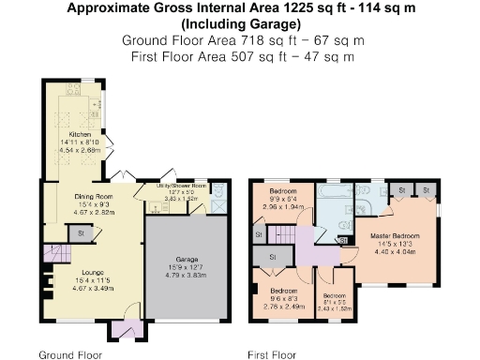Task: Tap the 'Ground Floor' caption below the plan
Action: pyautogui.click(x=70, y=355)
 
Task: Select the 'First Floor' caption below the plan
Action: pyautogui.click(x=273, y=355)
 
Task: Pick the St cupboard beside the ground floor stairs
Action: pyautogui.click(x=82, y=232)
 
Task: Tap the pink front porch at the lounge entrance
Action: pyautogui.click(x=124, y=329)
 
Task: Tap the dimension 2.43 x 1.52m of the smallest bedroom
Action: pyautogui.click(x=333, y=282)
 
